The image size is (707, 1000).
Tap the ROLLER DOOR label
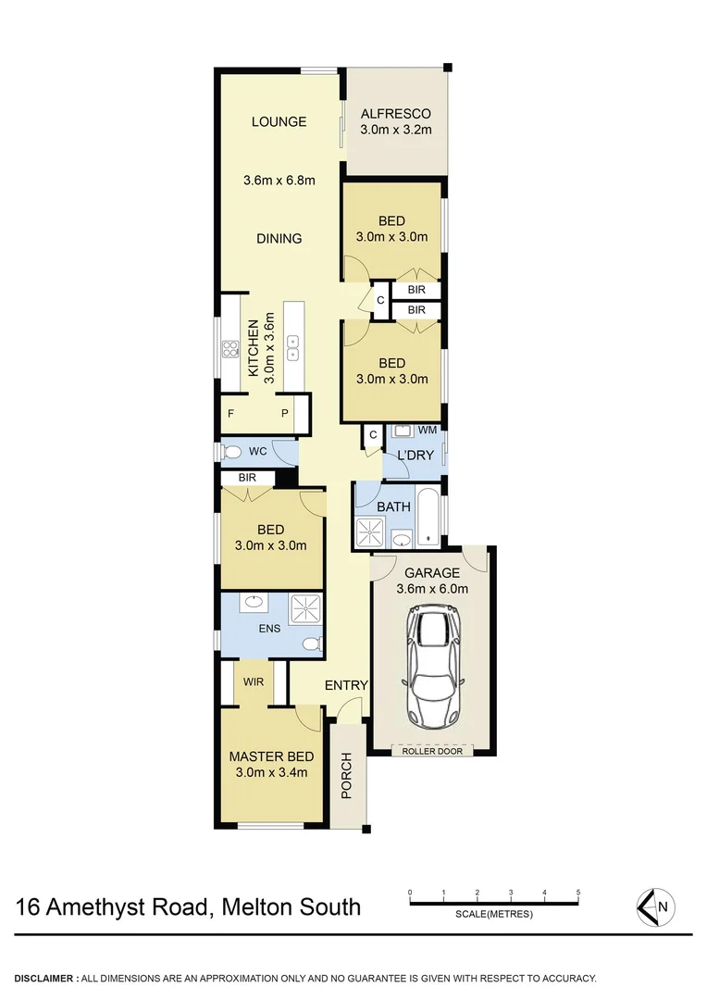(x=433, y=751)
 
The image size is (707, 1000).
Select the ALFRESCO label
(x=396, y=114)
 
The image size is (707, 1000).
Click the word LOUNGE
(x=279, y=121)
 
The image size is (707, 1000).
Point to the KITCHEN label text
(x=252, y=348)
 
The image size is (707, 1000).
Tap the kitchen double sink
(x=294, y=348)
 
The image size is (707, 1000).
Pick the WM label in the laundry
(x=428, y=431)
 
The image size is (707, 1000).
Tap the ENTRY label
(x=346, y=685)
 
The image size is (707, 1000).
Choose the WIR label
(x=254, y=681)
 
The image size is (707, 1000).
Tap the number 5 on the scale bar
(x=578, y=893)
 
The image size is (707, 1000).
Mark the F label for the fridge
(x=231, y=413)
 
